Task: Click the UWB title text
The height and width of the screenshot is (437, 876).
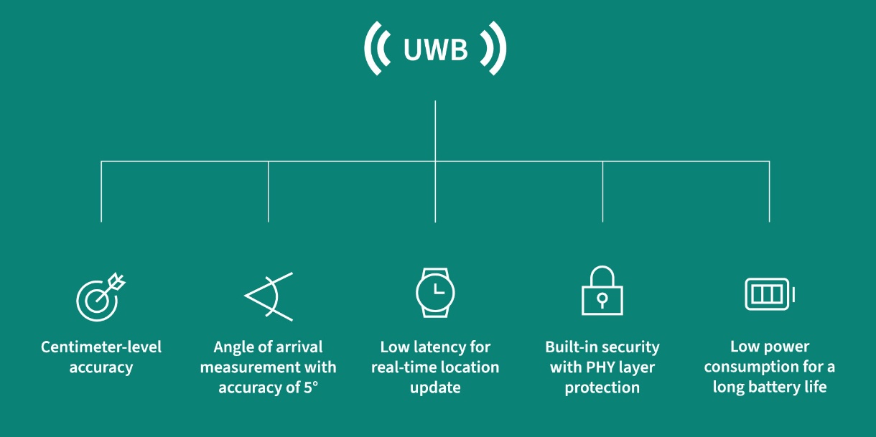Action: [435, 50]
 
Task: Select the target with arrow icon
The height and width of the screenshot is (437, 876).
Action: [100, 296]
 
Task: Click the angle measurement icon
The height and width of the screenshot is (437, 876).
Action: [269, 296]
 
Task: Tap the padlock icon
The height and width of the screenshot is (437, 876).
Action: [602, 292]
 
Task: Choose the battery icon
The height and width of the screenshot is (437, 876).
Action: [769, 294]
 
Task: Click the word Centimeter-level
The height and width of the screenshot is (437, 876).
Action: [101, 347]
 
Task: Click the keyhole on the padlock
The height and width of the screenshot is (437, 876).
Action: [602, 299]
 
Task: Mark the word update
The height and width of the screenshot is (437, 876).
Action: [435, 387]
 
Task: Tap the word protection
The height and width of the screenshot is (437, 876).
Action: [602, 387]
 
